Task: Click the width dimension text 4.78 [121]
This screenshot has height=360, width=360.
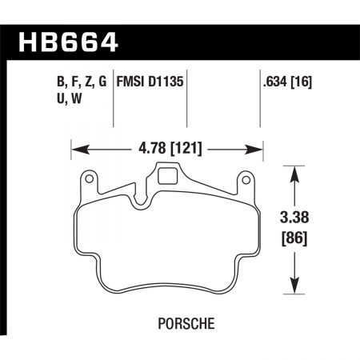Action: click(x=168, y=149)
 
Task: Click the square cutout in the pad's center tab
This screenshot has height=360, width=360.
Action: click(x=168, y=175)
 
